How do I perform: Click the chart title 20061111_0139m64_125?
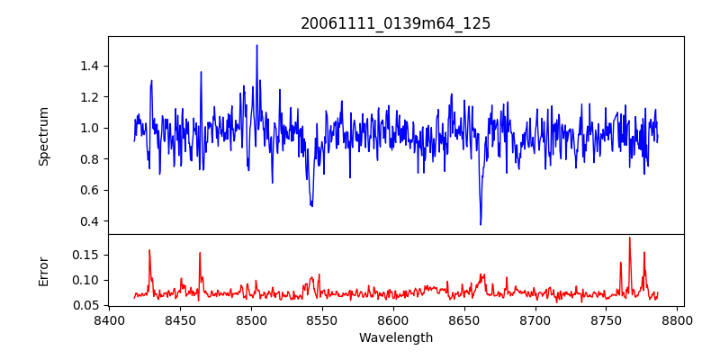coord(395,23)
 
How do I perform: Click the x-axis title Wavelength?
coord(395,338)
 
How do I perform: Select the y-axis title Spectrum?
coord(44,136)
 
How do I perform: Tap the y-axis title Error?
coord(44,270)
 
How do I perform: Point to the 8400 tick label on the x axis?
coord(109,320)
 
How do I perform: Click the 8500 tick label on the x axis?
coord(251,320)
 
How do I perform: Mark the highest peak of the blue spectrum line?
coord(256,45)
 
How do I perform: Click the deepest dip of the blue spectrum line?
coord(481,224)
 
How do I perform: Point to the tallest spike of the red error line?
coord(629,238)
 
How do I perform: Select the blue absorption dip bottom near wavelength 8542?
coord(311,206)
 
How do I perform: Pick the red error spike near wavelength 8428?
coord(149,250)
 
